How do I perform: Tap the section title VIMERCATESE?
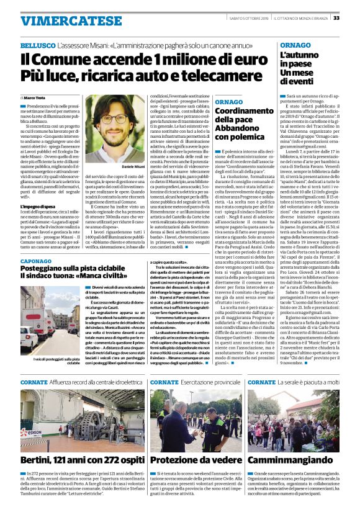[62, 20]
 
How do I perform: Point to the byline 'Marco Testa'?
[36, 98]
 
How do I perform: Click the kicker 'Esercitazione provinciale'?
[207, 382]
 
